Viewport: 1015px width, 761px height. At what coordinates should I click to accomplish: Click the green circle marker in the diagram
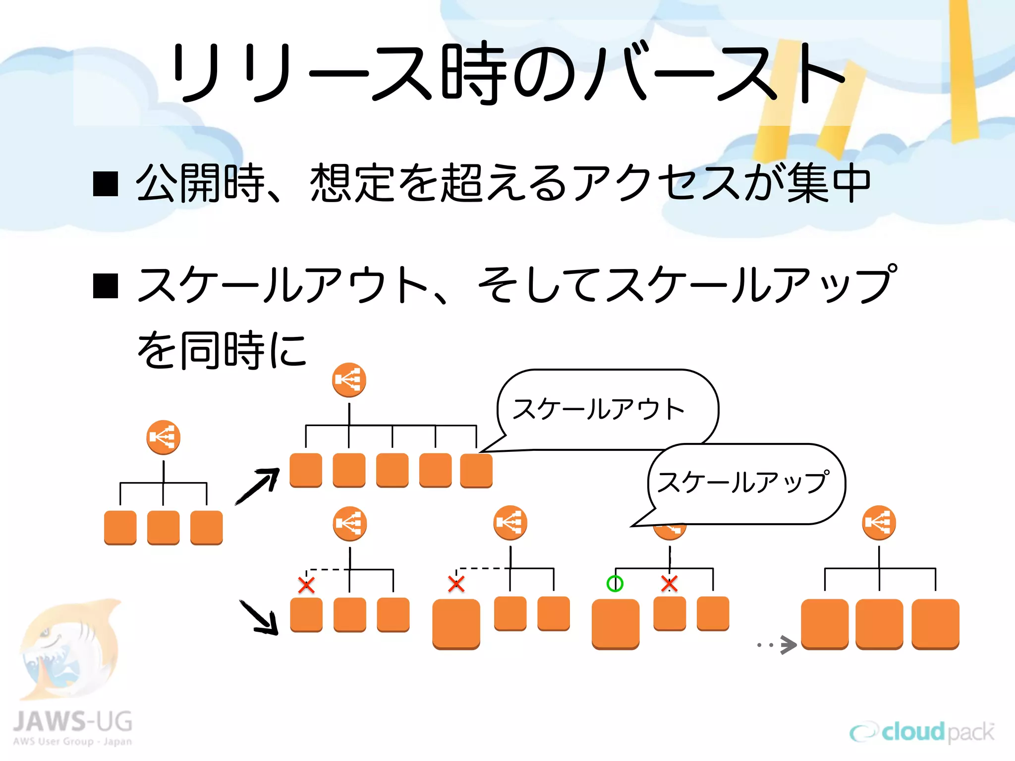(615, 584)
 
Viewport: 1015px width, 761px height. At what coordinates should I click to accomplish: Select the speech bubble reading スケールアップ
(746, 484)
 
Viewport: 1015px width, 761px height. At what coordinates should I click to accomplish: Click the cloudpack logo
(922, 732)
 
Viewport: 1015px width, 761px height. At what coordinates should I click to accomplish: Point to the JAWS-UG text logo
(72, 722)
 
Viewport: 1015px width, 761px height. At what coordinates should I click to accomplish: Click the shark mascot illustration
(69, 649)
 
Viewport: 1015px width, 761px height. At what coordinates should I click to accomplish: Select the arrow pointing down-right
(259, 617)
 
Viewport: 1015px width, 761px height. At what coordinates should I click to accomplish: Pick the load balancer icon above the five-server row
(349, 380)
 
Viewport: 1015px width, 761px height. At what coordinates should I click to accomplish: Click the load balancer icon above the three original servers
(163, 437)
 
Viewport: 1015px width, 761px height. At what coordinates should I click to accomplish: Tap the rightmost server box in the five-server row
(476, 471)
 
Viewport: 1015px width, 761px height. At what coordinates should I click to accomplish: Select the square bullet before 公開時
(106, 184)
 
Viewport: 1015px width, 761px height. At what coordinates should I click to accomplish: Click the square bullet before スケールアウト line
(106, 286)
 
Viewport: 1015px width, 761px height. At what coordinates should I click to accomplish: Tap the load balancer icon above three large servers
(879, 522)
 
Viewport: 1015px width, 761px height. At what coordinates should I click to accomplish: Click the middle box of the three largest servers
(879, 623)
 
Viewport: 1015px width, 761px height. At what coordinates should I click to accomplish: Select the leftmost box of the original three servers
(120, 528)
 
